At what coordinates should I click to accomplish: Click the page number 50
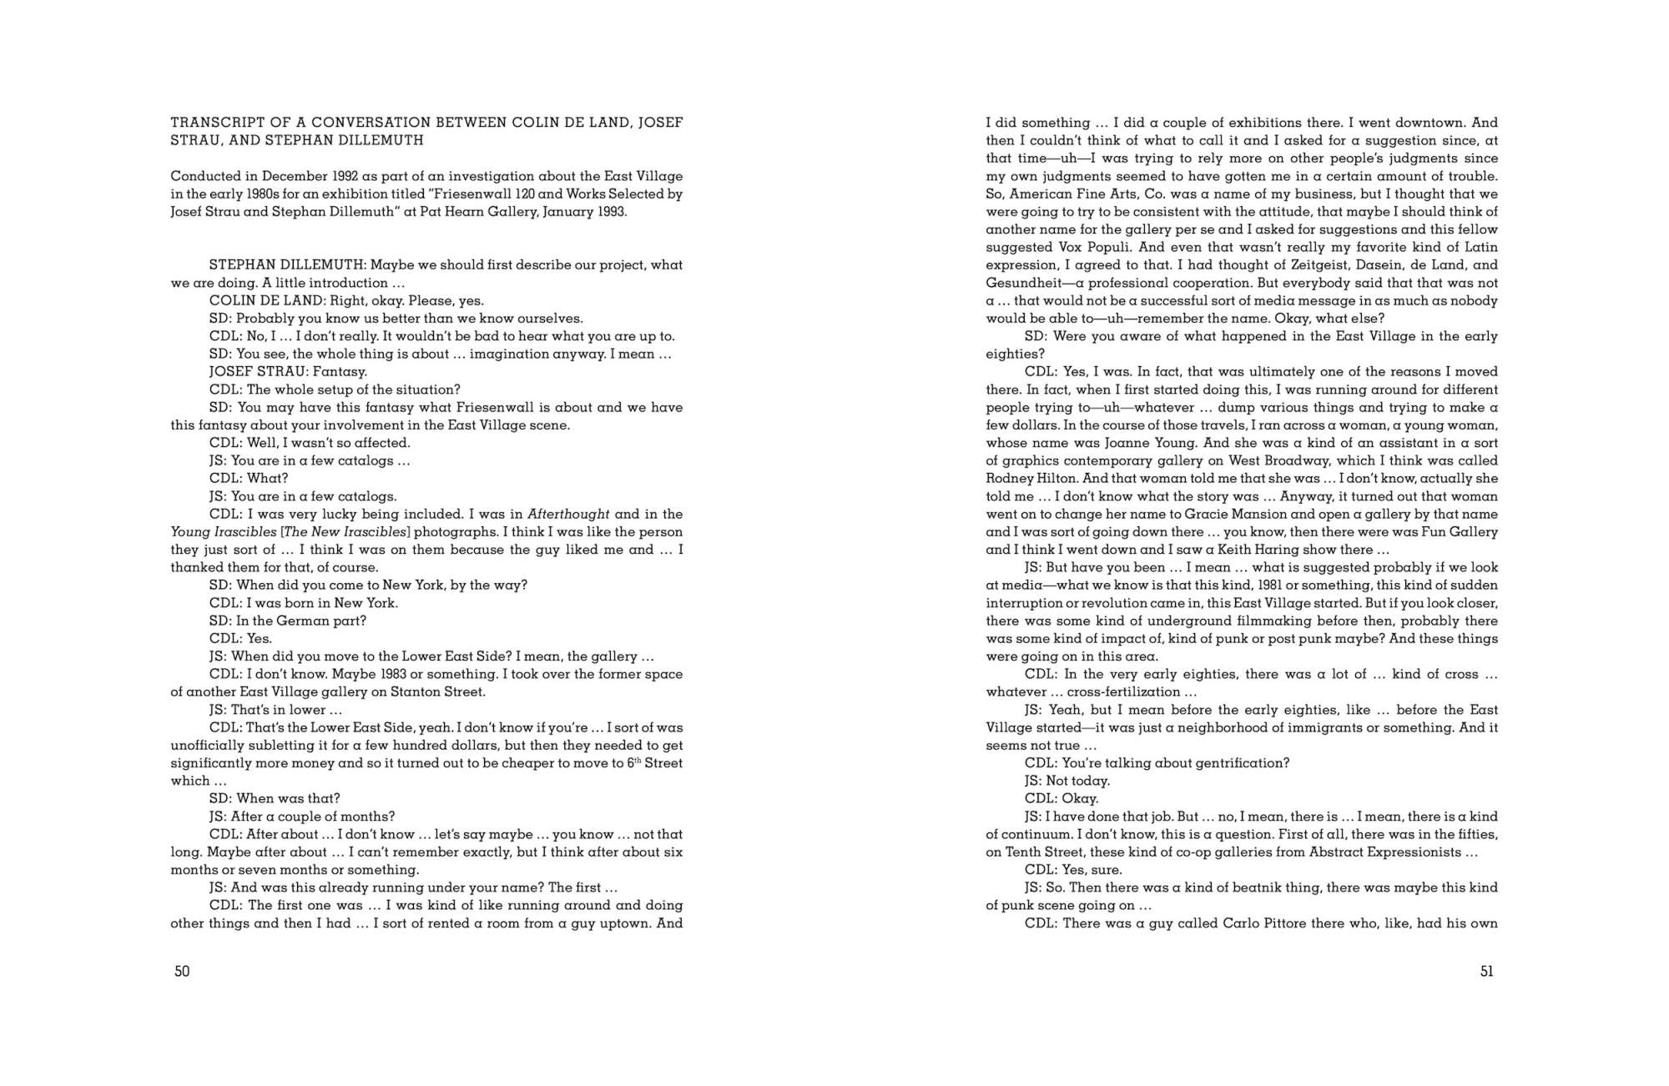(182, 971)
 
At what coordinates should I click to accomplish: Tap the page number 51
(1486, 971)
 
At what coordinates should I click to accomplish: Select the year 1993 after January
(609, 212)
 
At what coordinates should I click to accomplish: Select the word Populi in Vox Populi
(1116, 248)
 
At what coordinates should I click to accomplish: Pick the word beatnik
(1254, 887)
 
